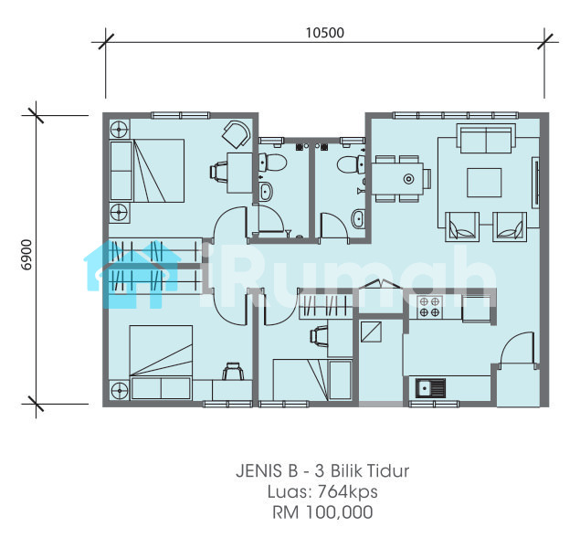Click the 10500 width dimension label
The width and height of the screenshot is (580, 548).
click(325, 33)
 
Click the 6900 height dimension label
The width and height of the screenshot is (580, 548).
click(26, 255)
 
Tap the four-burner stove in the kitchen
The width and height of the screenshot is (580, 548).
click(429, 307)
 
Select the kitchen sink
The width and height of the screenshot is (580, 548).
click(430, 388)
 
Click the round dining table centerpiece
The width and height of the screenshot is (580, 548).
click(408, 179)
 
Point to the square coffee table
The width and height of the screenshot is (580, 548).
click(484, 183)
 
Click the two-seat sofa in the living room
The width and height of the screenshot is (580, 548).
click(487, 138)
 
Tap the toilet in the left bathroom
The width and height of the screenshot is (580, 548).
click(273, 163)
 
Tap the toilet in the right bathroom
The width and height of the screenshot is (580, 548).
click(351, 164)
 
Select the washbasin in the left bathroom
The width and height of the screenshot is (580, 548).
click(266, 192)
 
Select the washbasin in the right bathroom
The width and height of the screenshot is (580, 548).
click(358, 218)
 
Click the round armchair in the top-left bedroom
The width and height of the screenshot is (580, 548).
click(236, 134)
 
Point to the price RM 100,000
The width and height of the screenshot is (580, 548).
click(322, 512)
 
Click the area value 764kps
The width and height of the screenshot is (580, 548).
click(348, 491)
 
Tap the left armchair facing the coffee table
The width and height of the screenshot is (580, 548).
click(461, 227)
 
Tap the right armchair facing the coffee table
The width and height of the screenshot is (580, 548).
click(510, 227)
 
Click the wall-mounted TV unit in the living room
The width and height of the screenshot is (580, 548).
click(535, 183)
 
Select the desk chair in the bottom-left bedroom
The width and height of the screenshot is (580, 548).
click(233, 371)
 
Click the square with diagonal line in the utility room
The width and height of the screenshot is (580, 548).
click(371, 332)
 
